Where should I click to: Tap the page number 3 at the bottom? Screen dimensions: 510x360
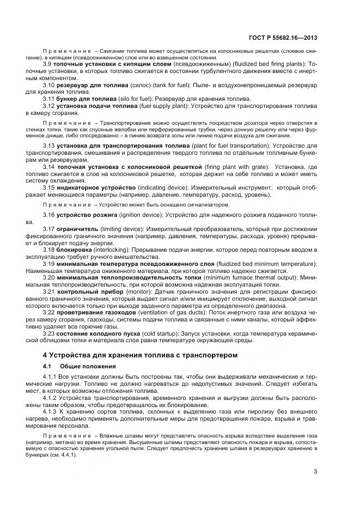316,472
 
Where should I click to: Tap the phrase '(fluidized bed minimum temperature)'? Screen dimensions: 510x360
264,264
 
